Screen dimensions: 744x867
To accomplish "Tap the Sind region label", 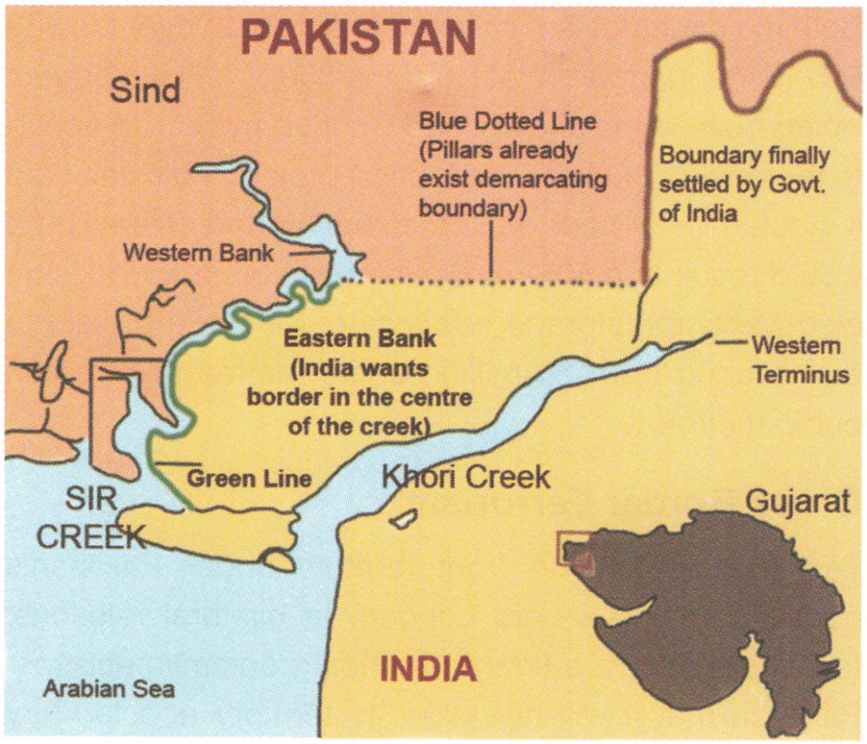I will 145,90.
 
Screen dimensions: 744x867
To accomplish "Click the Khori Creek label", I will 466,477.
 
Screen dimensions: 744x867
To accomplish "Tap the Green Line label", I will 249,479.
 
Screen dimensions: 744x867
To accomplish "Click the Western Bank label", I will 198,252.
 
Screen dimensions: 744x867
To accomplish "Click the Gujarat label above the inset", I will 797,502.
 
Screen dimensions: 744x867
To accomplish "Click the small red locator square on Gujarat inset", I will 574,548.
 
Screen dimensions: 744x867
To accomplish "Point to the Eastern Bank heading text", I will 360,339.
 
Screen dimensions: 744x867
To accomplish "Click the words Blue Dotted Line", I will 507,121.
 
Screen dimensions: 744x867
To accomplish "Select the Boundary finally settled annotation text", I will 743,185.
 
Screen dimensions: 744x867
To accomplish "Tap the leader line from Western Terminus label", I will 730,343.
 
